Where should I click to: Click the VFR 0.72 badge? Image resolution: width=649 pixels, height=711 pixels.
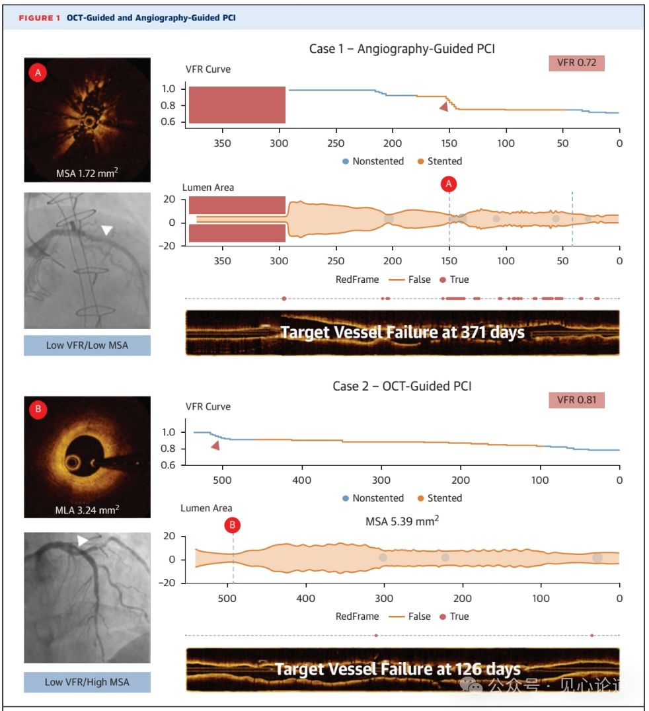(x=576, y=63)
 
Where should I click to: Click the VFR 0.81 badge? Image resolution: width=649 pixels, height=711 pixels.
(x=576, y=400)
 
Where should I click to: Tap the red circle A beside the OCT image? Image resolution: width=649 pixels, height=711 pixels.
(x=38, y=73)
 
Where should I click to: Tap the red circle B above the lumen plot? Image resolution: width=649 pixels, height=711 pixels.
(x=233, y=525)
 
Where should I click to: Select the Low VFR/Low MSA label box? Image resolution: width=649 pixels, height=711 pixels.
(x=87, y=345)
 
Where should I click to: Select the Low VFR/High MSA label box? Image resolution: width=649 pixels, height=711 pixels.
(x=87, y=682)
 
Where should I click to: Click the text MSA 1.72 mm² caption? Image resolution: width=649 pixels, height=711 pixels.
(x=87, y=174)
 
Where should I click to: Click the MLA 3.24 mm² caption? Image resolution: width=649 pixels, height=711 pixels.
(x=87, y=510)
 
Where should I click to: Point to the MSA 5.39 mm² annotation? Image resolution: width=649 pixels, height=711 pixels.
(x=402, y=521)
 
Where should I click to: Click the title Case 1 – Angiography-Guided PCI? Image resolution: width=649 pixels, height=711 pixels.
(x=402, y=49)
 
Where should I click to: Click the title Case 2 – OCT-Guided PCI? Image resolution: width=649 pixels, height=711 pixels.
(x=402, y=386)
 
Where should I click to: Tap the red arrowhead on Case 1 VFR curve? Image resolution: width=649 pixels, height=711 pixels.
(x=444, y=106)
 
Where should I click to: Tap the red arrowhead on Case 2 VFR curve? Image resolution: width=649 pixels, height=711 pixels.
(x=215, y=446)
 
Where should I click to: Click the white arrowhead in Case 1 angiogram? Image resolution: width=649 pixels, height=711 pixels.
(x=106, y=229)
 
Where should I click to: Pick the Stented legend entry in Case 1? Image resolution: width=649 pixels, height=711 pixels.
(x=439, y=161)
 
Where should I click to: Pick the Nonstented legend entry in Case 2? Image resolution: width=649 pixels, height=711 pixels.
(x=373, y=498)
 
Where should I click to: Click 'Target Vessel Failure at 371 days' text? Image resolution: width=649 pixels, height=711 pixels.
(x=402, y=332)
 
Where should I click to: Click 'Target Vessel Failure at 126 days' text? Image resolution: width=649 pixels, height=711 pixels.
(x=397, y=669)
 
